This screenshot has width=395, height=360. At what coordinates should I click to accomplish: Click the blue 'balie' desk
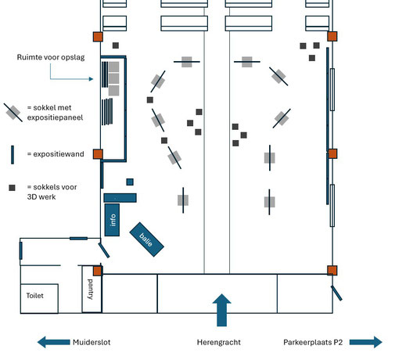tap(147, 239)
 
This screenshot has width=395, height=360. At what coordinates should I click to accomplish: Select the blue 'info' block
tap(112, 220)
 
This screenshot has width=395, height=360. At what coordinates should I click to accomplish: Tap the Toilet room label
tap(34, 296)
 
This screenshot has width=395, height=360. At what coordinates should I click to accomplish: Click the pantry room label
tap(90, 289)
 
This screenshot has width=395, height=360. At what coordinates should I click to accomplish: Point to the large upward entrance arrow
tap(221, 310)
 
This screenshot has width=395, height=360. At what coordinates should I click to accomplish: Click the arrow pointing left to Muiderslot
tap(54, 342)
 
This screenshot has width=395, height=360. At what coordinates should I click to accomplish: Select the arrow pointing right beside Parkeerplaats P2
tap(366, 342)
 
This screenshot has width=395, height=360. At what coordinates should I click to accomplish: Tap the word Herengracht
tap(219, 342)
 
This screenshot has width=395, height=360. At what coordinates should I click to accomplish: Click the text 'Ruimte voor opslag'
tap(51, 57)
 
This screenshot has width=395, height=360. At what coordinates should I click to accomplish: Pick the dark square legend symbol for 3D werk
tap(12, 188)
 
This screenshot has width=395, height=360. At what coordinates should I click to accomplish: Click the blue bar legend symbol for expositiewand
tap(13, 155)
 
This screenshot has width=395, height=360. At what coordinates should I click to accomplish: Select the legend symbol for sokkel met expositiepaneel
tap(13, 113)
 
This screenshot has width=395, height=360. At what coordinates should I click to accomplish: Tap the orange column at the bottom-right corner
tap(332, 271)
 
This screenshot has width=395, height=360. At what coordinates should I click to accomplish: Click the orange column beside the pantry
tap(98, 271)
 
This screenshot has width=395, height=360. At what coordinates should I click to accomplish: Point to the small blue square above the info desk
tap(130, 182)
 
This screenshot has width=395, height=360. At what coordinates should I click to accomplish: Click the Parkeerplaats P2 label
tap(313, 342)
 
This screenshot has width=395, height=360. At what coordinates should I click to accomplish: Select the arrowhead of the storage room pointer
tap(92, 79)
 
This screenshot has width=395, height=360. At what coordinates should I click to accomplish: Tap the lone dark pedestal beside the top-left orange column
tap(116, 45)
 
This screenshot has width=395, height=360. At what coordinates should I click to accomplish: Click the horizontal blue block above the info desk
tap(120, 198)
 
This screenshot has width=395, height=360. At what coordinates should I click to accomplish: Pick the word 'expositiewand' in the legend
tap(59, 154)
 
